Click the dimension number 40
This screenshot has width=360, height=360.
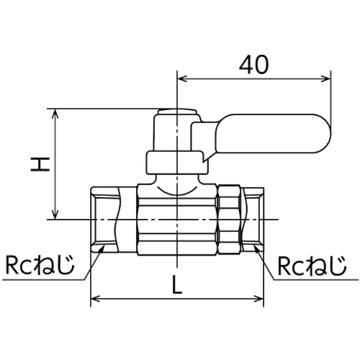(253, 65)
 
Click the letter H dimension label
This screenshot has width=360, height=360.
(40, 164)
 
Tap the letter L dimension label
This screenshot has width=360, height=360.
(177, 284)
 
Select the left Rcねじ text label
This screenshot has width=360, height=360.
(40, 265)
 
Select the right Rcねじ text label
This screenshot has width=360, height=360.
(312, 266)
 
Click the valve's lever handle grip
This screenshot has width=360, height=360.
(273, 133)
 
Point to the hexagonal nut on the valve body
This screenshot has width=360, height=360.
(229, 220)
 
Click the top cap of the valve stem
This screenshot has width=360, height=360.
(177, 112)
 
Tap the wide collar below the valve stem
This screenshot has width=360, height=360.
(177, 162)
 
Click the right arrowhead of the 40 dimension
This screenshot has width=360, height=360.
(326, 79)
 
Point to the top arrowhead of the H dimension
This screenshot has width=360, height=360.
(55, 114)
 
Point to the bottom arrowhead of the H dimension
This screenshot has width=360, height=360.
(55, 215)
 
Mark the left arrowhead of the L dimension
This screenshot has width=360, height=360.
(95, 299)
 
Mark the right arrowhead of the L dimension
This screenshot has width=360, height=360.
(259, 299)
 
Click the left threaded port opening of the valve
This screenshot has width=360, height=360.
(105, 220)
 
